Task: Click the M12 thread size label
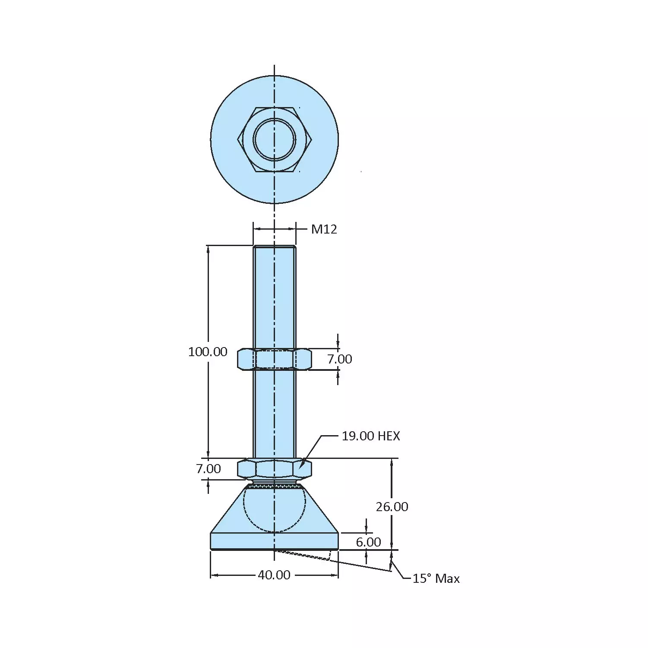click(x=324, y=229)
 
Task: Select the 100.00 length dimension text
click(x=208, y=352)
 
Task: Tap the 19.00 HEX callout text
click(x=371, y=436)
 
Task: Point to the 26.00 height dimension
click(x=392, y=507)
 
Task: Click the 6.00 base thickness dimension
click(x=368, y=542)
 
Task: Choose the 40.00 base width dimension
click(x=274, y=575)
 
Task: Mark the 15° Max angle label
click(x=436, y=578)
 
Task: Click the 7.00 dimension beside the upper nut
click(x=339, y=359)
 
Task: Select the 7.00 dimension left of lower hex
click(x=209, y=469)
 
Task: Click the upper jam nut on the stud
click(x=274, y=359)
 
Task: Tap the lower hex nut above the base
click(x=274, y=468)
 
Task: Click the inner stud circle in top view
click(x=274, y=139)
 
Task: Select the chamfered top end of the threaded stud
click(x=274, y=247)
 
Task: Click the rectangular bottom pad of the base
click(x=274, y=541)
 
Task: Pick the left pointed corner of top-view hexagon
click(x=238, y=139)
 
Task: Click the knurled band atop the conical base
click(x=274, y=486)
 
